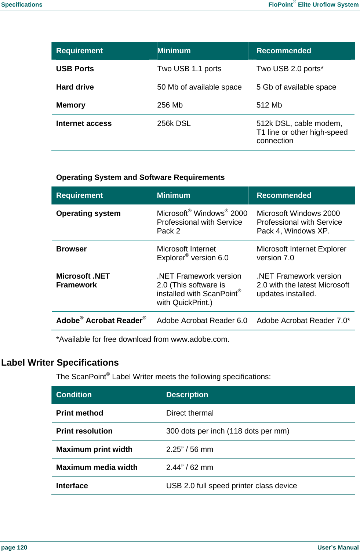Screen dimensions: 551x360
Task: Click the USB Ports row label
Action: click(x=75, y=69)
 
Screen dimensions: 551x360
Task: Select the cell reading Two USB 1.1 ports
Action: click(x=189, y=69)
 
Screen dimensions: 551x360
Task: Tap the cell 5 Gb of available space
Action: click(x=296, y=87)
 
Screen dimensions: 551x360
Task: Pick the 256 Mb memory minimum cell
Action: click(x=170, y=105)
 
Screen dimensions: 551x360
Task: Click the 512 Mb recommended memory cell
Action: click(x=269, y=105)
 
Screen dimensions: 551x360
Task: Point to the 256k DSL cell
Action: click(x=174, y=123)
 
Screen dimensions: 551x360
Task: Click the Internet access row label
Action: click(x=84, y=123)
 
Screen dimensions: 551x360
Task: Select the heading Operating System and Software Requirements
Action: click(x=140, y=177)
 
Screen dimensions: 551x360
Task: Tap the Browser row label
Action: click(x=71, y=249)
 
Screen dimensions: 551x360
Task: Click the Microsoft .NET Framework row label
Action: click(x=83, y=280)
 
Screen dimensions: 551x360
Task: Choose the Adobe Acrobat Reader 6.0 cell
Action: click(x=202, y=320)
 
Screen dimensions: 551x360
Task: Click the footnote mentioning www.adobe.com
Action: click(x=142, y=339)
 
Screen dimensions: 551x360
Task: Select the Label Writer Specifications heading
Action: click(x=60, y=362)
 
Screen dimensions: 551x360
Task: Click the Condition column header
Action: click(x=74, y=395)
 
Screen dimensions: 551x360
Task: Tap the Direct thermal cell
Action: click(x=190, y=413)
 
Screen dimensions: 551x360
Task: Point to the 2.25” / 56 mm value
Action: click(x=189, y=449)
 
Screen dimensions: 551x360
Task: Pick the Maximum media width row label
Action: click(x=97, y=467)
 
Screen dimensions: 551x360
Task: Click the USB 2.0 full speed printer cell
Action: click(x=231, y=486)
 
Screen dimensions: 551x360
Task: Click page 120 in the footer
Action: click(x=14, y=547)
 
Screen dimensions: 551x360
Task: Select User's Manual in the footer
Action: click(x=338, y=547)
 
